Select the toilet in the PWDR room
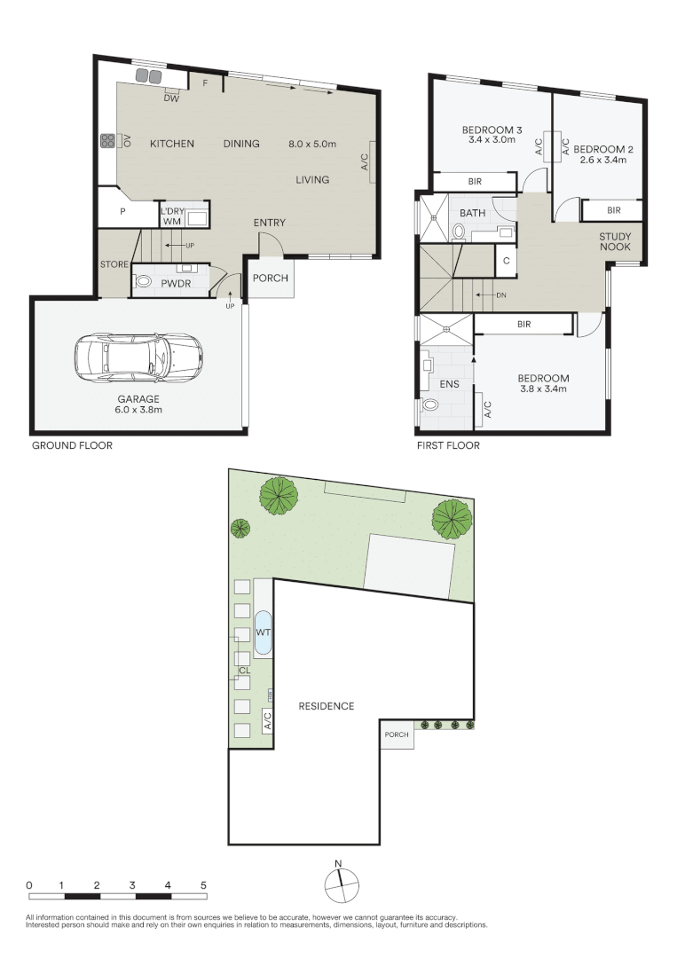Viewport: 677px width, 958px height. point(142,284)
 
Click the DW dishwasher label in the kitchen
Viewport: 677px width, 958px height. point(172,98)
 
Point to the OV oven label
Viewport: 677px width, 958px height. point(127,141)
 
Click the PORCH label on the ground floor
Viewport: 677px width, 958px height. point(271,278)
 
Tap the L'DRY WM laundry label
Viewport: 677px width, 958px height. point(172,216)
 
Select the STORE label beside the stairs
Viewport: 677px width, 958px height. point(114,264)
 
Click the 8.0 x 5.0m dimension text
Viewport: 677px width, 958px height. point(319,144)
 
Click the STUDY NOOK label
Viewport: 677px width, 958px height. point(615,242)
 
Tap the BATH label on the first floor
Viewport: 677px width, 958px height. point(472,214)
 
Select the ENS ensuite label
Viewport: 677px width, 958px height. point(449,384)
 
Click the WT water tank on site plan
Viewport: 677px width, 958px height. point(264,632)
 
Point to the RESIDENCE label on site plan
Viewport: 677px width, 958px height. point(326,706)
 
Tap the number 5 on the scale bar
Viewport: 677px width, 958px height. point(203,885)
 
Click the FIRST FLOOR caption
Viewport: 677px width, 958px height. point(448,445)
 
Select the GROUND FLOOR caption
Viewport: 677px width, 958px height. point(72,445)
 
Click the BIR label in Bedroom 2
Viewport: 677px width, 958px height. point(613,210)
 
